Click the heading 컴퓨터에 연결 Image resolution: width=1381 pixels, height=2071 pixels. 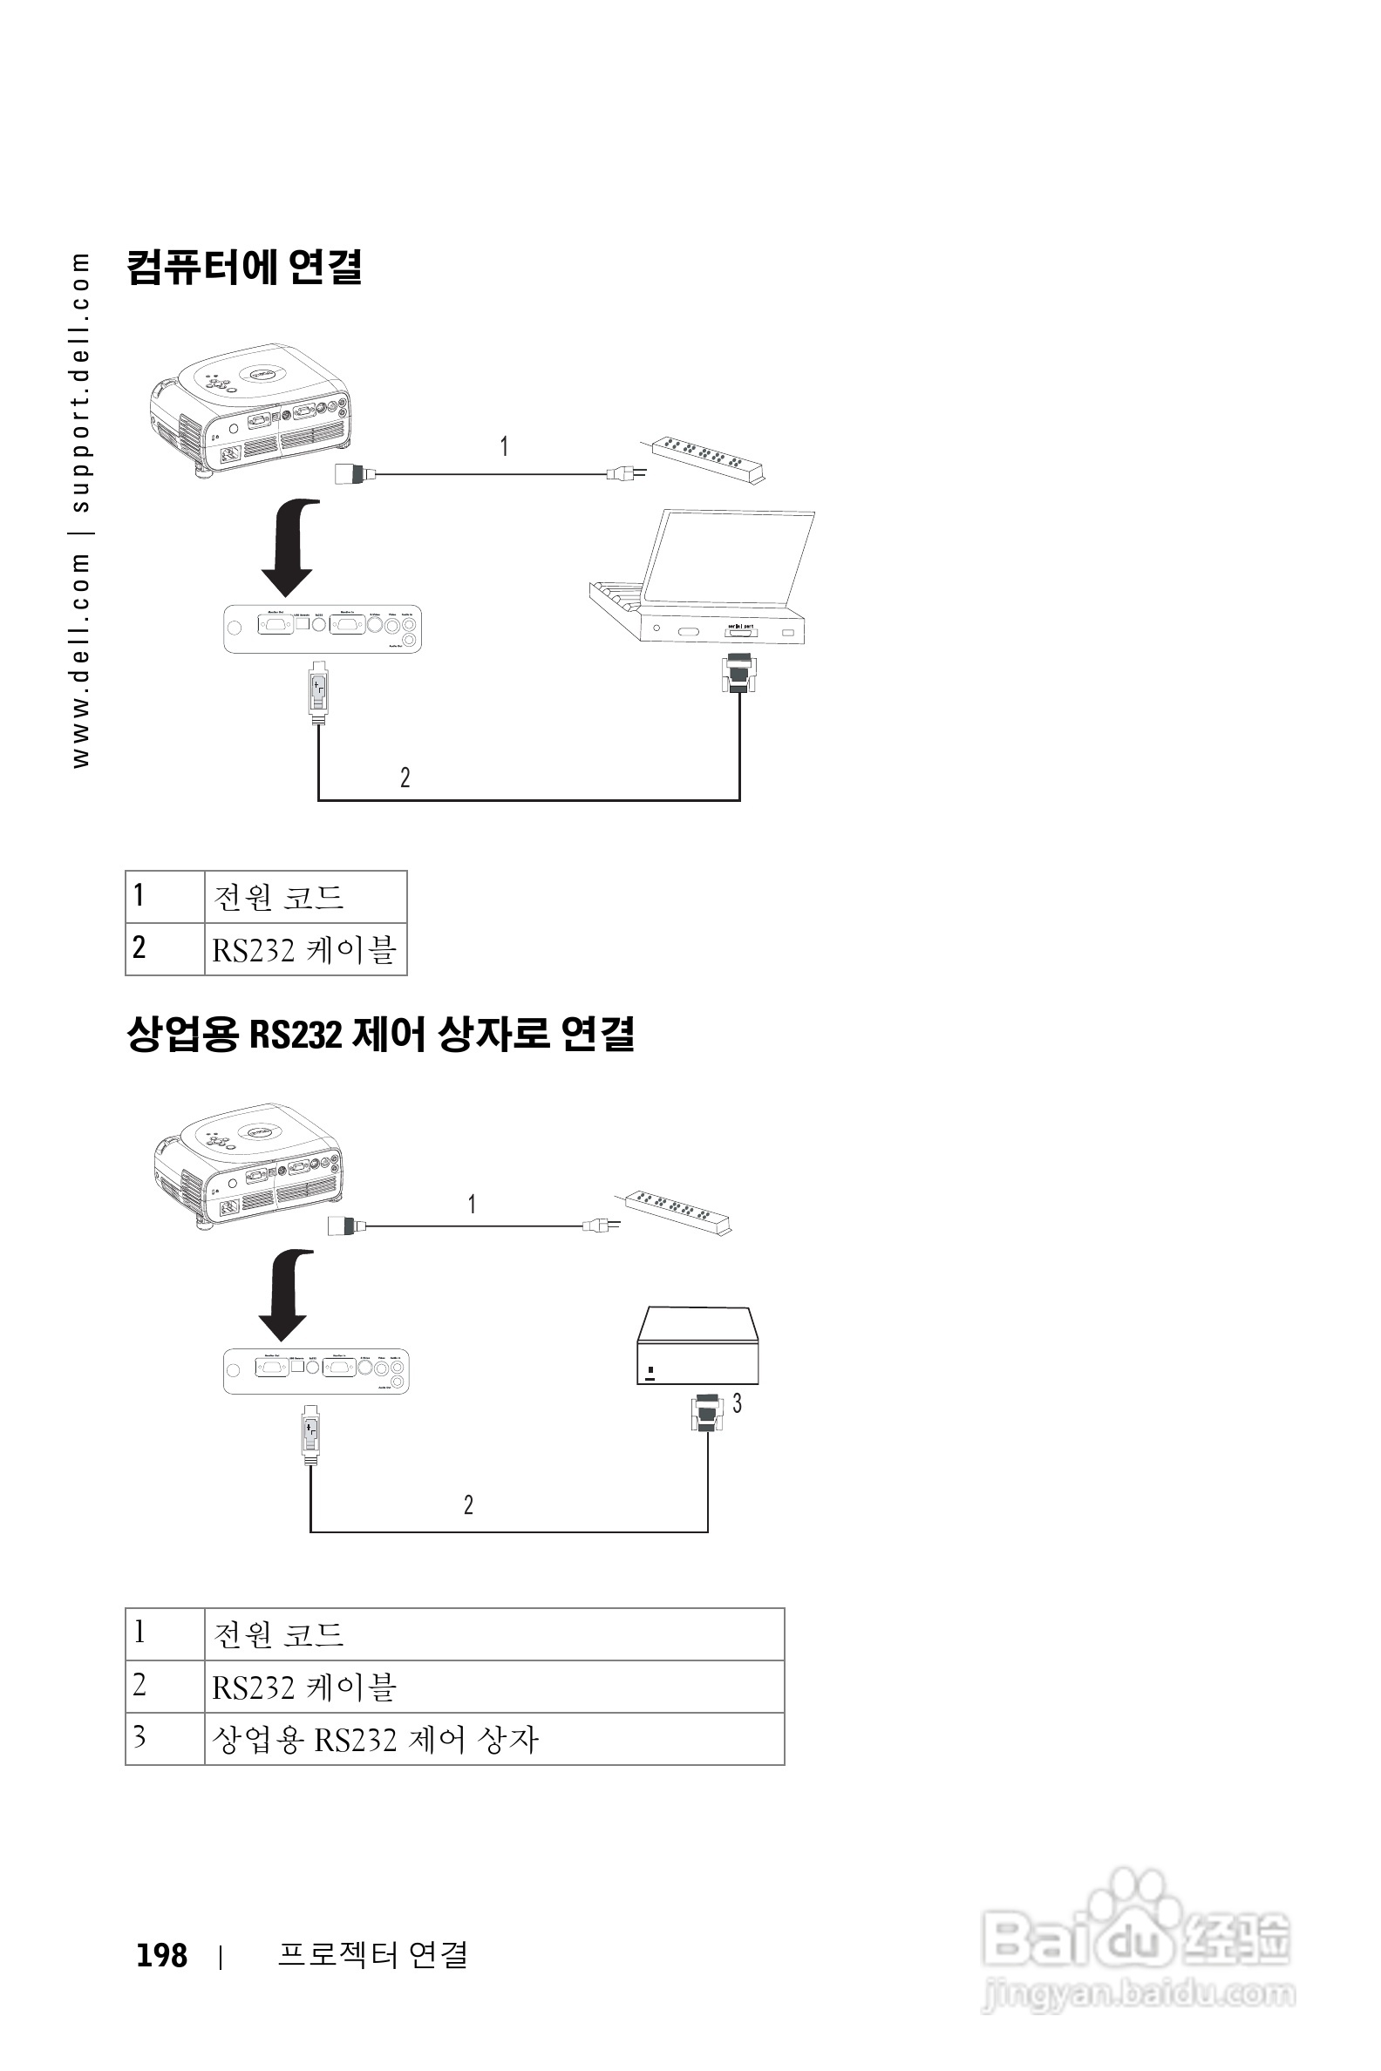coord(244,268)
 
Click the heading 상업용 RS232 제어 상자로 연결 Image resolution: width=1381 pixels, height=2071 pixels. coord(379,1034)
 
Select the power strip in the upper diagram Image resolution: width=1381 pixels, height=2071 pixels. coord(707,458)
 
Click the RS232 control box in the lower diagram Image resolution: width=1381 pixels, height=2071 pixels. coord(697,1346)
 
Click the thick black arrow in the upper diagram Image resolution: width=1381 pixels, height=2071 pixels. coord(289,546)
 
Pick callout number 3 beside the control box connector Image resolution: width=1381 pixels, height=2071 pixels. coord(738,1402)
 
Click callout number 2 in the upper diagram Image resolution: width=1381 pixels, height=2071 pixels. coord(405,777)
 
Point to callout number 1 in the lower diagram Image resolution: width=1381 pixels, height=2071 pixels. coord(472,1204)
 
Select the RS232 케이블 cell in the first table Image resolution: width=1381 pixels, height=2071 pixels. coord(305,950)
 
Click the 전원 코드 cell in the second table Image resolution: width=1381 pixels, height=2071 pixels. coord(278,1634)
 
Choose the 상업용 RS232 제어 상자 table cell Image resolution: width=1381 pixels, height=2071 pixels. coord(375,1739)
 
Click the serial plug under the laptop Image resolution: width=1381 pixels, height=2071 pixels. coord(738,674)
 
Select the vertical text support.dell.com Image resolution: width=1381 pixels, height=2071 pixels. coord(81,383)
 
